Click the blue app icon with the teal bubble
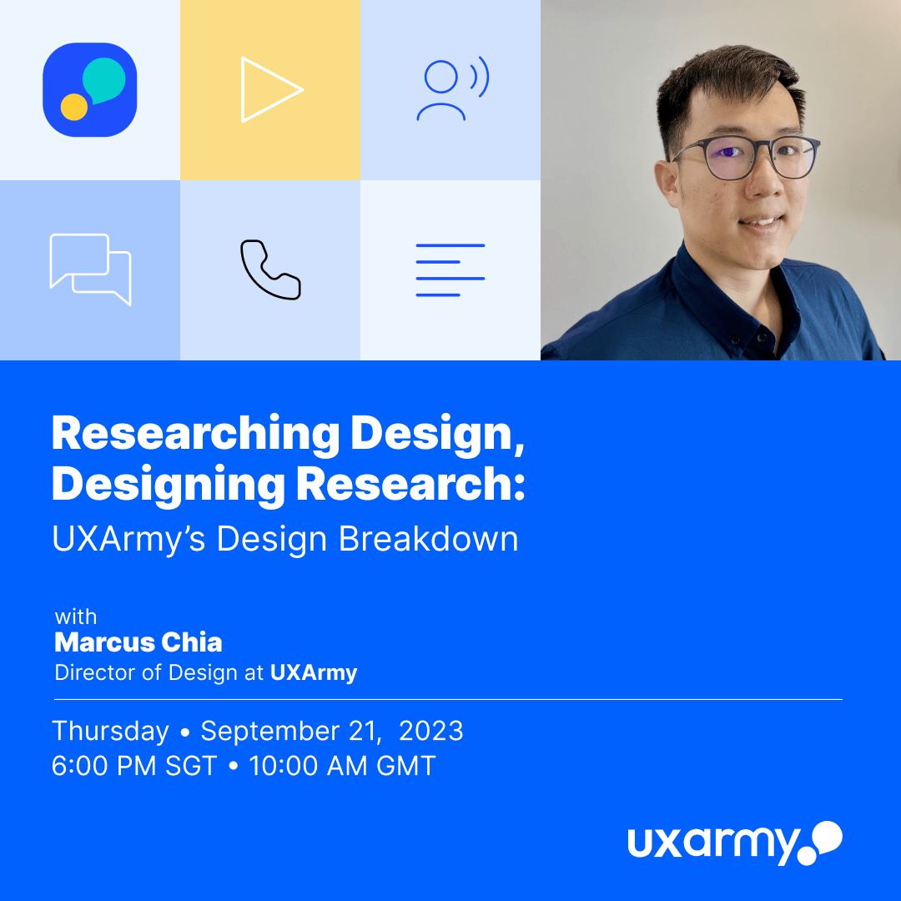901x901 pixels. (89, 89)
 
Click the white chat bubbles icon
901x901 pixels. (90, 269)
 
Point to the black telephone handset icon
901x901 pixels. (270, 269)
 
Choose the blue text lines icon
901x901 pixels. (450, 270)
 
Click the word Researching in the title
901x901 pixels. (195, 435)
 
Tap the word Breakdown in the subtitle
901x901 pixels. (428, 539)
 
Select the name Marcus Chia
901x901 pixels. (138, 642)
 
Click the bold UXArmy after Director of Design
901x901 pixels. (314, 673)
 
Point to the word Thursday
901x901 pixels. (110, 732)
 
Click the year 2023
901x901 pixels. (431, 731)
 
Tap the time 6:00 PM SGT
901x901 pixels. (133, 766)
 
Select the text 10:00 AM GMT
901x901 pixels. (343, 766)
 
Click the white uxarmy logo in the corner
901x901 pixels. (735, 843)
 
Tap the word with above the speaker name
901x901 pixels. (76, 617)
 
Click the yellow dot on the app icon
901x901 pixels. (74, 107)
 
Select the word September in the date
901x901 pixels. (287, 732)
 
